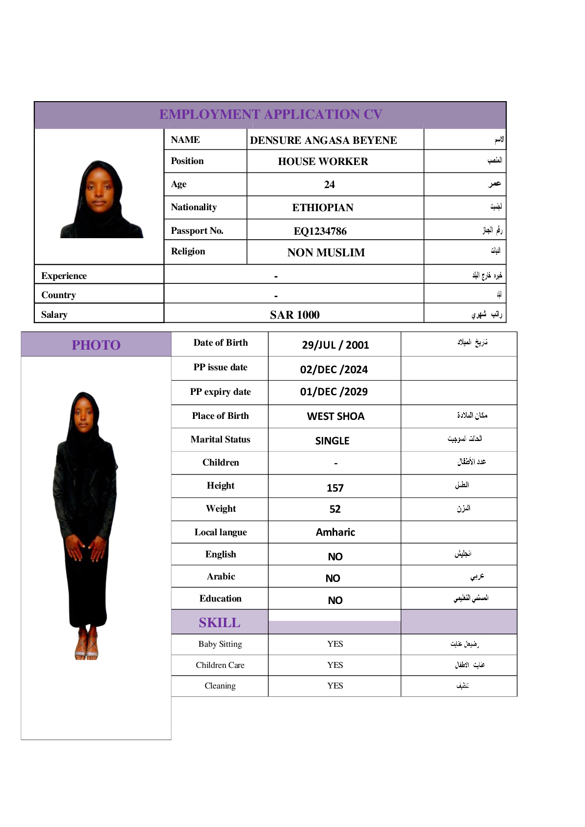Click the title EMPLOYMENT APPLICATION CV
270,114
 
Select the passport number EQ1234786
320,231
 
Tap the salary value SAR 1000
294,315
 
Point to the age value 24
329,185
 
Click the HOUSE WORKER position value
323,162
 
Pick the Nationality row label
194,207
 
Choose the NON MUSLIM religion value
326,252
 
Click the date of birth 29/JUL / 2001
335,345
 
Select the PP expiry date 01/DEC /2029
334,392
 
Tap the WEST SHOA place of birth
335,416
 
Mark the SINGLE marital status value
332,441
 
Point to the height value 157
335,488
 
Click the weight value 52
335,509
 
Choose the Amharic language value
335,532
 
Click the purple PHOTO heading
96,345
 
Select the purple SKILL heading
220,623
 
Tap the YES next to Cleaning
335,686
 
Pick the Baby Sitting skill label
220,644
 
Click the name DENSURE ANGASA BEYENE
323,140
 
